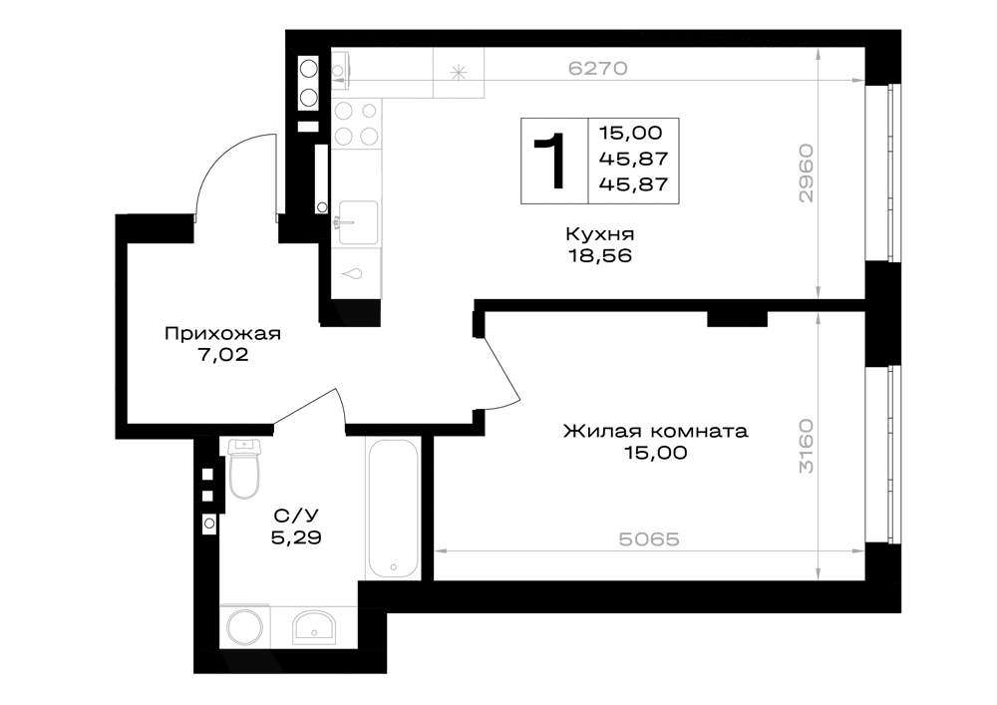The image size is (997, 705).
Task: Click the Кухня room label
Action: click(x=599, y=234)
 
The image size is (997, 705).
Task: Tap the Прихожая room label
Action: click(x=222, y=334)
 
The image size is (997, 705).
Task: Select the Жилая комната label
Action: click(x=656, y=431)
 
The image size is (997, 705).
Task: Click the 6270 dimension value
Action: click(x=597, y=68)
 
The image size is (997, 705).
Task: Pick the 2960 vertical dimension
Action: click(x=806, y=173)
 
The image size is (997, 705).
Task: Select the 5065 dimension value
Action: click(x=649, y=539)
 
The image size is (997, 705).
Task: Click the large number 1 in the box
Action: click(x=550, y=161)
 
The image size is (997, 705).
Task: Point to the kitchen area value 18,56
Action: click(x=599, y=255)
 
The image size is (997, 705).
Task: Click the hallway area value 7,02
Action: click(x=222, y=355)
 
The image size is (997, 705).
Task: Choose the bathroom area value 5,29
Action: click(x=296, y=537)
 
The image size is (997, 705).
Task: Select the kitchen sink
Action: click(x=357, y=222)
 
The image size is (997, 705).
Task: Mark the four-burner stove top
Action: click(x=356, y=124)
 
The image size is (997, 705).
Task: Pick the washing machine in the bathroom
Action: click(x=245, y=627)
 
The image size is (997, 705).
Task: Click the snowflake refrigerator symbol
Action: click(x=458, y=73)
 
